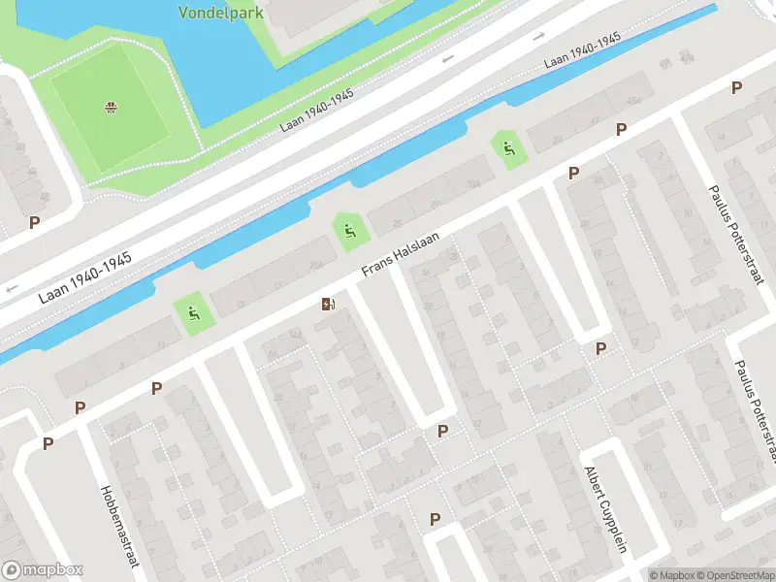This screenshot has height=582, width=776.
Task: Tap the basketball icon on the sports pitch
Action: tap(112, 106)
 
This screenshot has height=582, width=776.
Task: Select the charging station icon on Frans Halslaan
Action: tap(329, 305)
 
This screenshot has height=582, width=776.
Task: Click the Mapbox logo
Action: tap(43, 570)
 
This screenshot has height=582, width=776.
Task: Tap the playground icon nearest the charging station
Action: tap(348, 230)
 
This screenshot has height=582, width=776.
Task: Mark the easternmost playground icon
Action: tap(508, 148)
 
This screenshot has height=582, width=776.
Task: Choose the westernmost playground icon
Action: tap(193, 312)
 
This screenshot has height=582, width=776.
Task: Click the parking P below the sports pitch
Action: tap(35, 222)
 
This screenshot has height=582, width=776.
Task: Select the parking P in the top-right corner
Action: tap(737, 88)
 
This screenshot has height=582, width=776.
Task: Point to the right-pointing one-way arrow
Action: tap(540, 37)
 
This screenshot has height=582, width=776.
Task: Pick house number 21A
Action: tap(316, 264)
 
